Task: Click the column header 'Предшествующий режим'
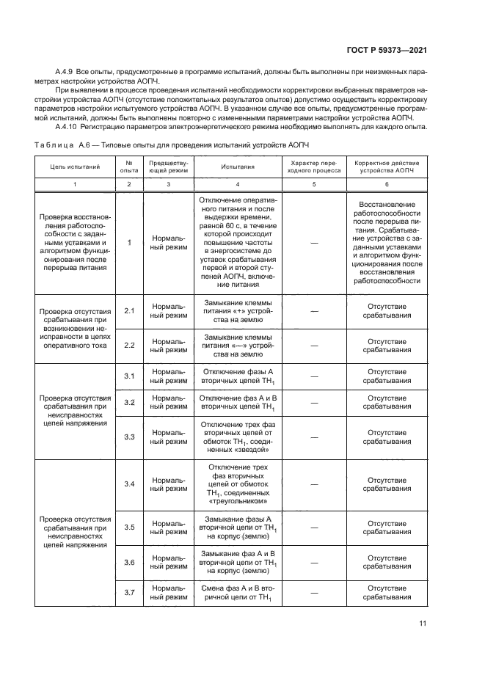coord(169,167)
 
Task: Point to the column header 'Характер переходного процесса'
coord(314,167)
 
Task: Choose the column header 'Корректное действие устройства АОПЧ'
coord(387,167)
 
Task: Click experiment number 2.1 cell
coord(129,311)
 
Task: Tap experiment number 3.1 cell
coord(129,376)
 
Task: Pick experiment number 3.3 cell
coord(129,437)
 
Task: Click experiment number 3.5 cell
coord(129,527)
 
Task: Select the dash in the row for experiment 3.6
coord(314,562)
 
